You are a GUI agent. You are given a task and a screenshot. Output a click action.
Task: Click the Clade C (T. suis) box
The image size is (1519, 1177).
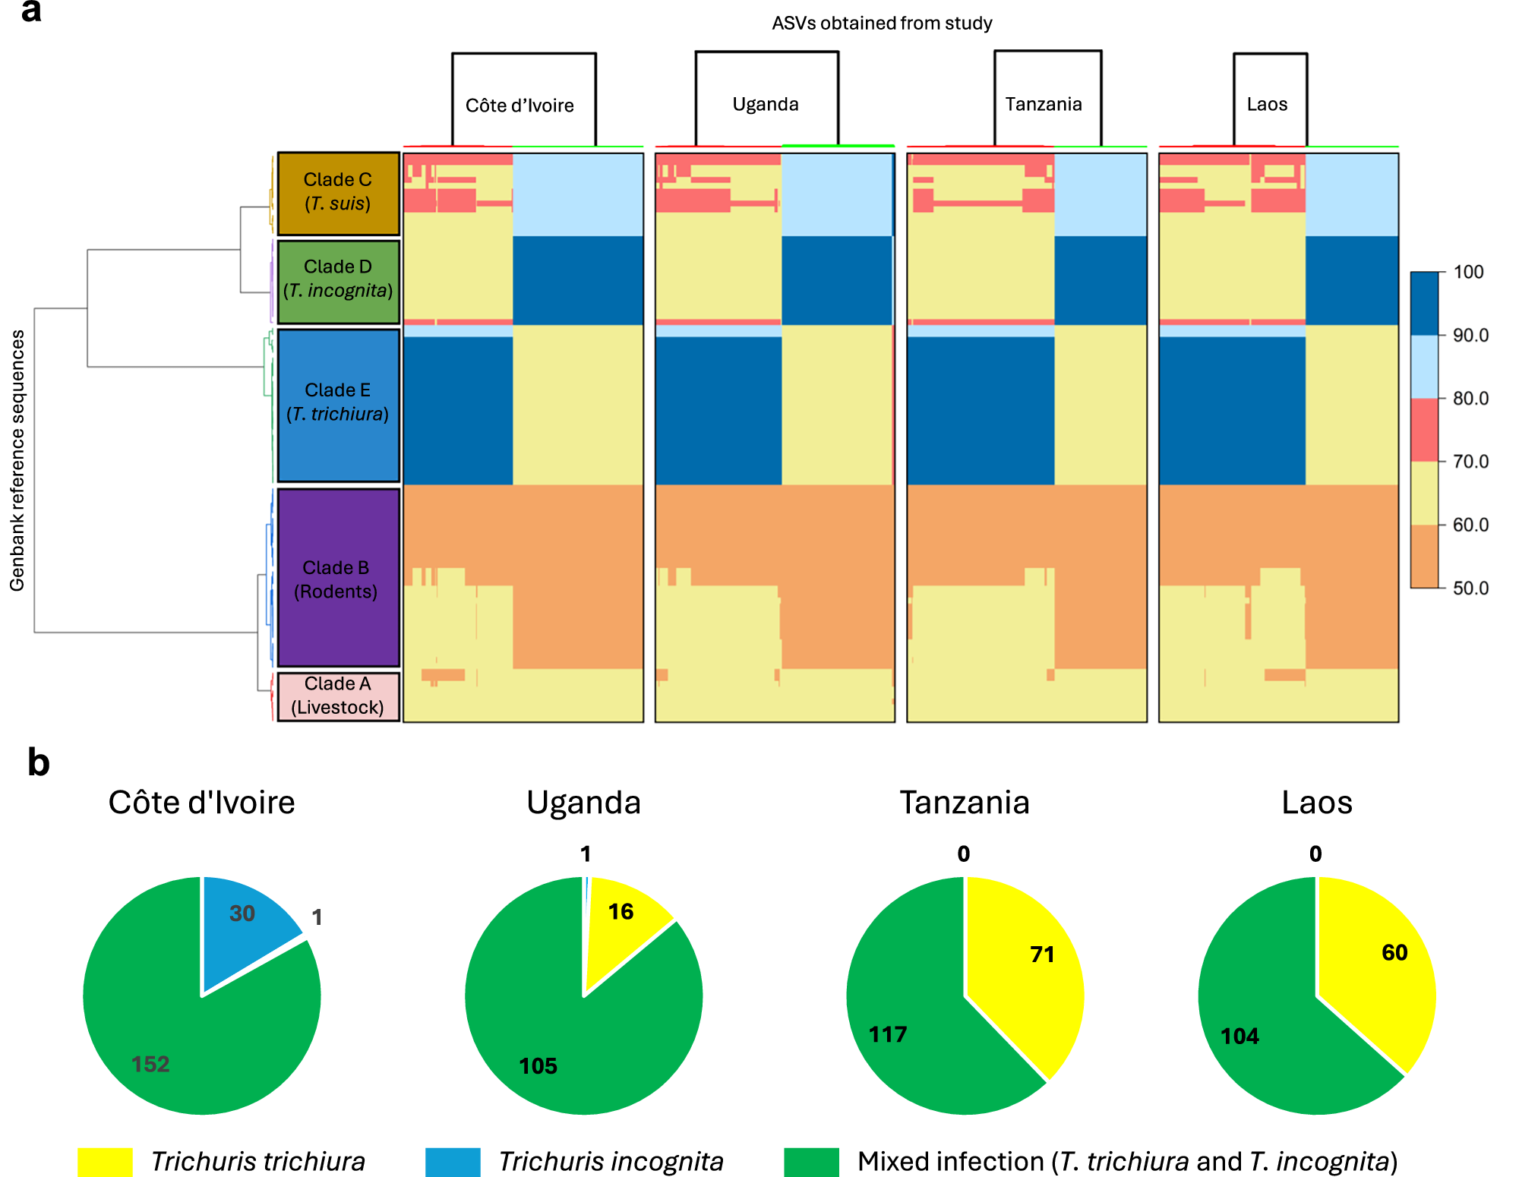pos(338,193)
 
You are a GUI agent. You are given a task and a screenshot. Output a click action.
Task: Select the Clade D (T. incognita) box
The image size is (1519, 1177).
pos(338,281)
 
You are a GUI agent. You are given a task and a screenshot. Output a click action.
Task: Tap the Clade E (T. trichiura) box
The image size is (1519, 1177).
pos(338,404)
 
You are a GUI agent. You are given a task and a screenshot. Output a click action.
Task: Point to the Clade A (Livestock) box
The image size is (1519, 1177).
pos(338,696)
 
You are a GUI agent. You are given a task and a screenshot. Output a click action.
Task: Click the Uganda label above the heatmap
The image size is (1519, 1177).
pos(766,104)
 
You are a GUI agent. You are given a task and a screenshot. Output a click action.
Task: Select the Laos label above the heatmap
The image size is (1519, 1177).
pos(1267,104)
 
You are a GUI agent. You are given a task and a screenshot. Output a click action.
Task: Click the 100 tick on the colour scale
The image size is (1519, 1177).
pos(1468,272)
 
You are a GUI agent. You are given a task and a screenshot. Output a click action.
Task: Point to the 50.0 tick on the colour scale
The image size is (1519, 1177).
pos(1470,588)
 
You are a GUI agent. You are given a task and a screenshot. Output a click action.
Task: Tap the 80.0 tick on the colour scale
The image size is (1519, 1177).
pos(1470,398)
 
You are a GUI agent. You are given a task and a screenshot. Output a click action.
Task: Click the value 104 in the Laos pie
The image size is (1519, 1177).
pos(1240,1036)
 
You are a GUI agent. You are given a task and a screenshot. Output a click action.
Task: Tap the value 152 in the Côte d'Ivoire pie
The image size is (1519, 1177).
pos(150,1064)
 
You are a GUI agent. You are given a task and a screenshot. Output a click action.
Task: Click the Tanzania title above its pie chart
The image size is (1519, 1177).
pos(965,803)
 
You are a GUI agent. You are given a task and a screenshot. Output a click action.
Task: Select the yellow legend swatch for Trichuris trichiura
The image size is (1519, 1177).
pos(105,1162)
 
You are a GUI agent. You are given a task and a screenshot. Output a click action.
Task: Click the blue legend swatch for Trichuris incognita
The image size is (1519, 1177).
pos(453,1162)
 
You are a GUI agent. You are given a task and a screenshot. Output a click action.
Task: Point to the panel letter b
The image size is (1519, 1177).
pos(38,762)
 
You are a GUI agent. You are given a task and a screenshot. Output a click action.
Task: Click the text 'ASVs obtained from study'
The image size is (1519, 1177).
pos(882,23)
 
